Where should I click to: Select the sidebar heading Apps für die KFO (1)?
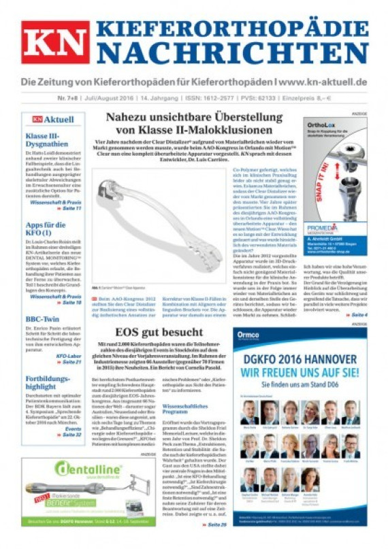pyautogui.click(x=45, y=229)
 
